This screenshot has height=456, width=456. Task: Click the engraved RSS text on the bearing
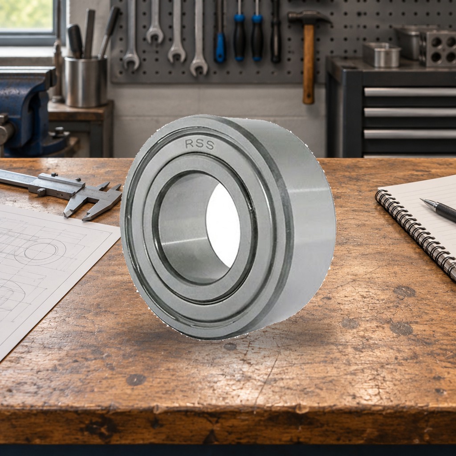[199, 144]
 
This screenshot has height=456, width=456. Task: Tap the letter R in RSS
[189, 143]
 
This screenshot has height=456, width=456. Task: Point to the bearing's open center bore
[223, 226]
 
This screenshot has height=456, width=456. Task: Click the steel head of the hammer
[309, 18]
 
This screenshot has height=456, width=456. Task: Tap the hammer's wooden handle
[309, 64]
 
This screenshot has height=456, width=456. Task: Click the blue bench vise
[26, 110]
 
